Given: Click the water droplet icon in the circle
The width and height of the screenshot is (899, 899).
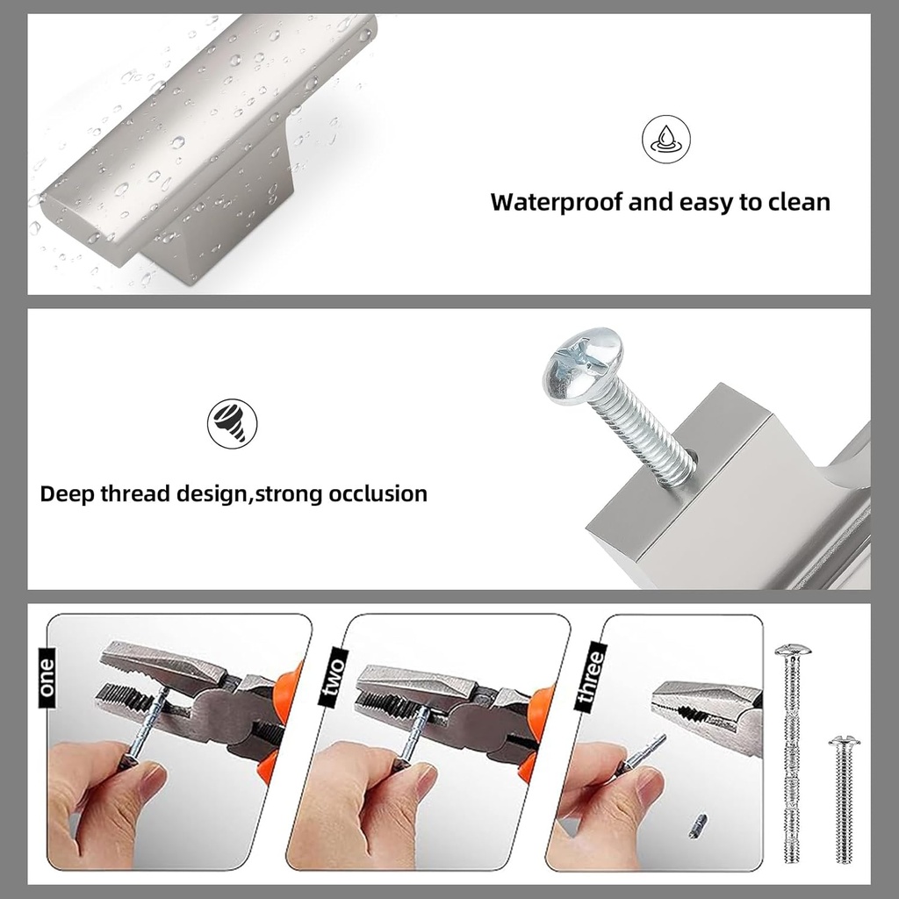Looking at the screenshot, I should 665,140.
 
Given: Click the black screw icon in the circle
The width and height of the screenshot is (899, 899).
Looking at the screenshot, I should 232,424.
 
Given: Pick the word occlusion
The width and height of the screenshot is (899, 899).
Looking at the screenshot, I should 378,493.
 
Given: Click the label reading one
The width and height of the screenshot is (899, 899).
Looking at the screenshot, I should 47,678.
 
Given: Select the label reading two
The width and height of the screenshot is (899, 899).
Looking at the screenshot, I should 333,678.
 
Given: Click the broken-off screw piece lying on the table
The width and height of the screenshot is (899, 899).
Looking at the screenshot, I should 698,826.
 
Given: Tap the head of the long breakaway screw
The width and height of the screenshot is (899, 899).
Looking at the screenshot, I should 792,651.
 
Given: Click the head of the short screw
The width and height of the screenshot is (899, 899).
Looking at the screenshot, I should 844,743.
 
